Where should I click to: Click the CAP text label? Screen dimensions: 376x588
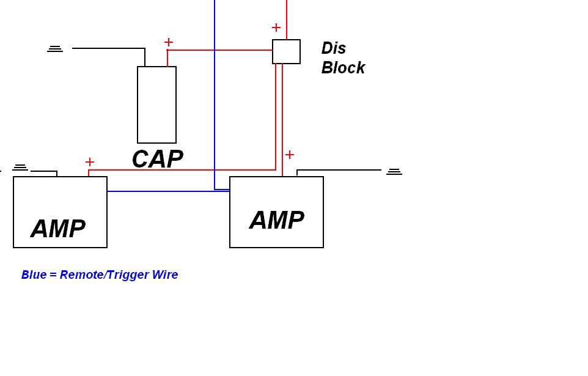point(157,159)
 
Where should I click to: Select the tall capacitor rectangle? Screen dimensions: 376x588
point(156,105)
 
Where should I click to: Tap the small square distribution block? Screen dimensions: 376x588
point(286,51)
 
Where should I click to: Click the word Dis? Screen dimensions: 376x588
point(334,48)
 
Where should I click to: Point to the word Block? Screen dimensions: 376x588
point(343,67)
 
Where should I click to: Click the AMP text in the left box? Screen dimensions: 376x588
point(58,229)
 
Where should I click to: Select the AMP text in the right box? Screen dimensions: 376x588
point(276,220)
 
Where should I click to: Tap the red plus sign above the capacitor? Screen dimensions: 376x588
point(169,42)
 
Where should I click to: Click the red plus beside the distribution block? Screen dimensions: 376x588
point(276,28)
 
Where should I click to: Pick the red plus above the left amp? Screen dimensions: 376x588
point(90,162)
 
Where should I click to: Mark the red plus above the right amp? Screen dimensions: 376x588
point(290,155)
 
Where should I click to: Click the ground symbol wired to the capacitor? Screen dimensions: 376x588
point(55,48)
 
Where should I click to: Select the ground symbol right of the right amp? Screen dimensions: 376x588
point(394,172)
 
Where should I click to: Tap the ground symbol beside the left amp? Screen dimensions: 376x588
point(20,167)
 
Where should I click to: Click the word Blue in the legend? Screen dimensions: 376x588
point(34,275)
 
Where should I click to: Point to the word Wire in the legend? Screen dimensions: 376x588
point(164,275)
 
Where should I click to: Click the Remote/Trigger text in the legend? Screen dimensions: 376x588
point(105,275)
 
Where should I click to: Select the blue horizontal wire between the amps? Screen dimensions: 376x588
point(165,191)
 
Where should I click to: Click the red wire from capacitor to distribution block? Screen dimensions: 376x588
point(220,50)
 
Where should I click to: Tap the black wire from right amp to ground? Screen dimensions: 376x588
point(339,170)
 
